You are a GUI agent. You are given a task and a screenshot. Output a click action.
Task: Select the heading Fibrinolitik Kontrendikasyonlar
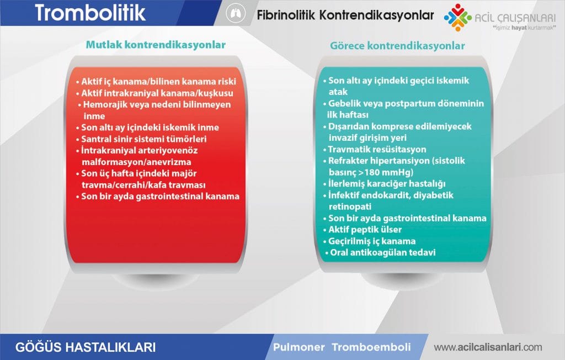[345, 15]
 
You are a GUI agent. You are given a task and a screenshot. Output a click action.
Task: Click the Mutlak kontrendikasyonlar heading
[156, 45]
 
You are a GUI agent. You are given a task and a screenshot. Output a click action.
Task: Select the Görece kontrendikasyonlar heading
[397, 46]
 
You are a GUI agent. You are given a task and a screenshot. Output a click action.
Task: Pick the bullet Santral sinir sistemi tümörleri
[150, 139]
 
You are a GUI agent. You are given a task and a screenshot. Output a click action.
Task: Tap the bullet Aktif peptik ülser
[365, 230]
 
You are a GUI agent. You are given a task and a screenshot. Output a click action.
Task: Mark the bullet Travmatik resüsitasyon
[377, 149]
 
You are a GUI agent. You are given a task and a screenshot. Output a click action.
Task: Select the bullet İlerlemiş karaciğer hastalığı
[386, 183]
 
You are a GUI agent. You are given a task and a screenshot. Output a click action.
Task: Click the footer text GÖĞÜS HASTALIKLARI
[86, 347]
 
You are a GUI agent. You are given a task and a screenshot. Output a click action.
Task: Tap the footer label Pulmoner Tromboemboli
[342, 347]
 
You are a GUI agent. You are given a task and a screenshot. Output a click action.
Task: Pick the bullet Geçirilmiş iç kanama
[372, 241]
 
